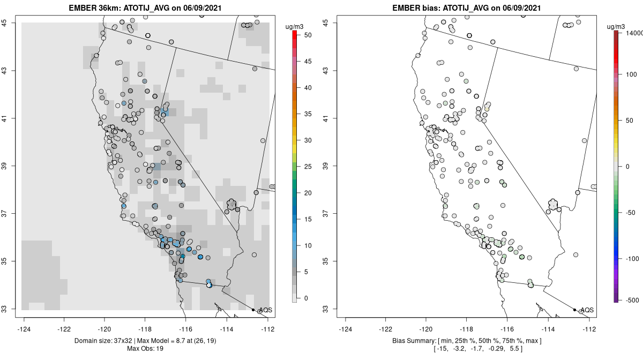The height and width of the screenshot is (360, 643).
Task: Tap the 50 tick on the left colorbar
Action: (x=304, y=35)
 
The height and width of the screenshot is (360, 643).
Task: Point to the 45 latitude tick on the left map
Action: (x=8, y=23)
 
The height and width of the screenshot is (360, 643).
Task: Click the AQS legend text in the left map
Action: (x=265, y=310)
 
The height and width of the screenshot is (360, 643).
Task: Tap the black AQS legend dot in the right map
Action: (x=574, y=310)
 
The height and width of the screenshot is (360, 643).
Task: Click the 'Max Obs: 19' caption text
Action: (x=146, y=349)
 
